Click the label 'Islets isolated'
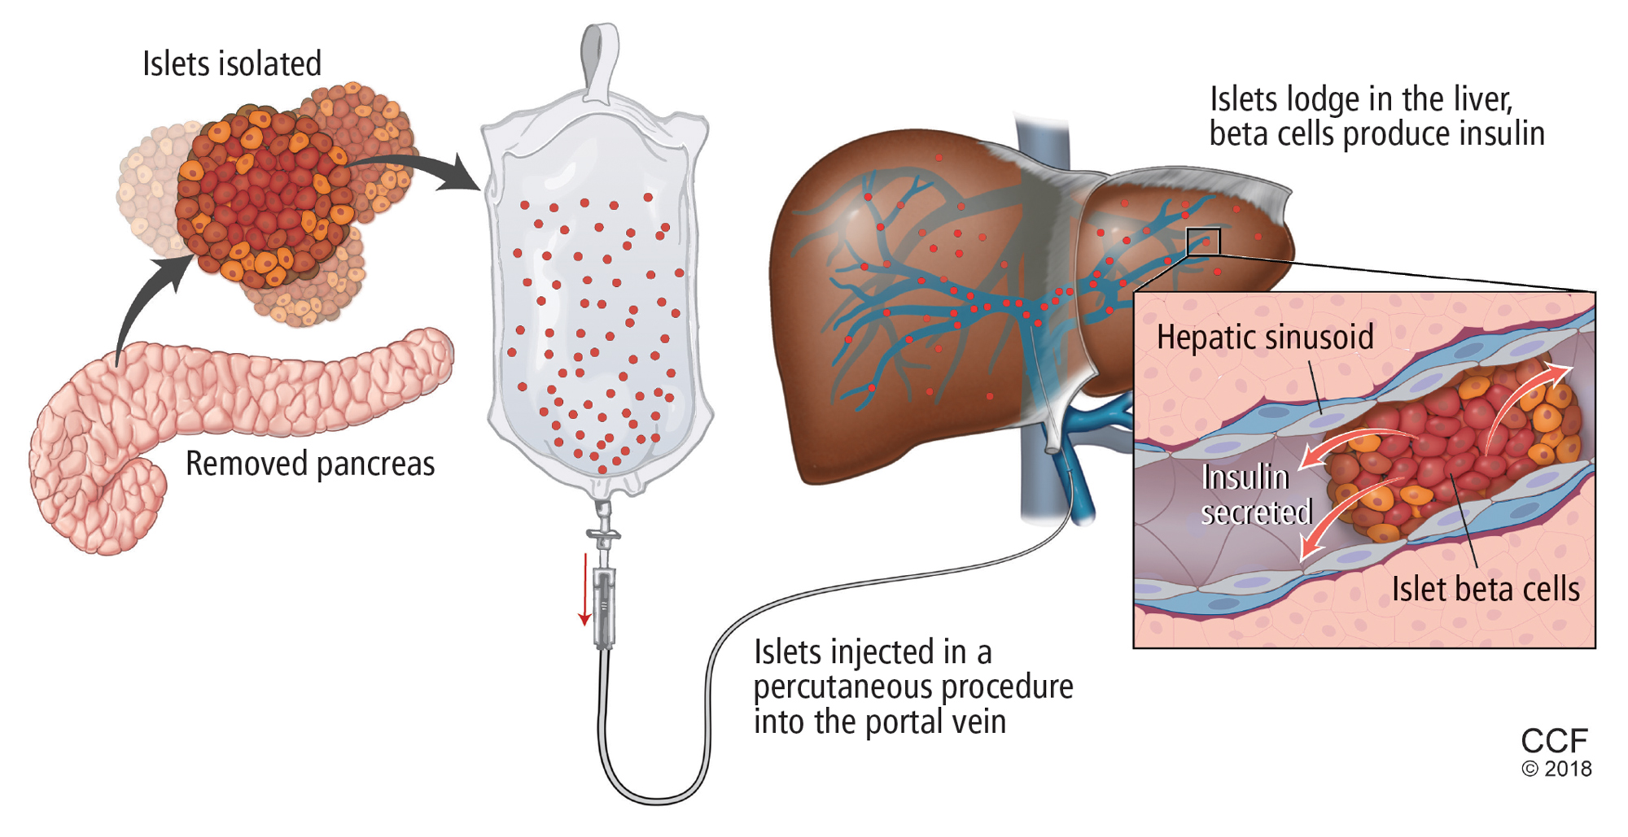coord(232,63)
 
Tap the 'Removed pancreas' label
coord(310,464)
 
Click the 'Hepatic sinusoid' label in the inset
coord(1265,338)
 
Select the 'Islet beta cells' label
coord(1486,590)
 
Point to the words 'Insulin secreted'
coord(1256,495)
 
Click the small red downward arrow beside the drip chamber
coord(584,590)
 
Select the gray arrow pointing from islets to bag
coord(423,167)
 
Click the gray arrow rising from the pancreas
coord(147,301)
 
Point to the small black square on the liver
coord(1203,242)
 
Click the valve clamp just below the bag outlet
coord(603,534)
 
